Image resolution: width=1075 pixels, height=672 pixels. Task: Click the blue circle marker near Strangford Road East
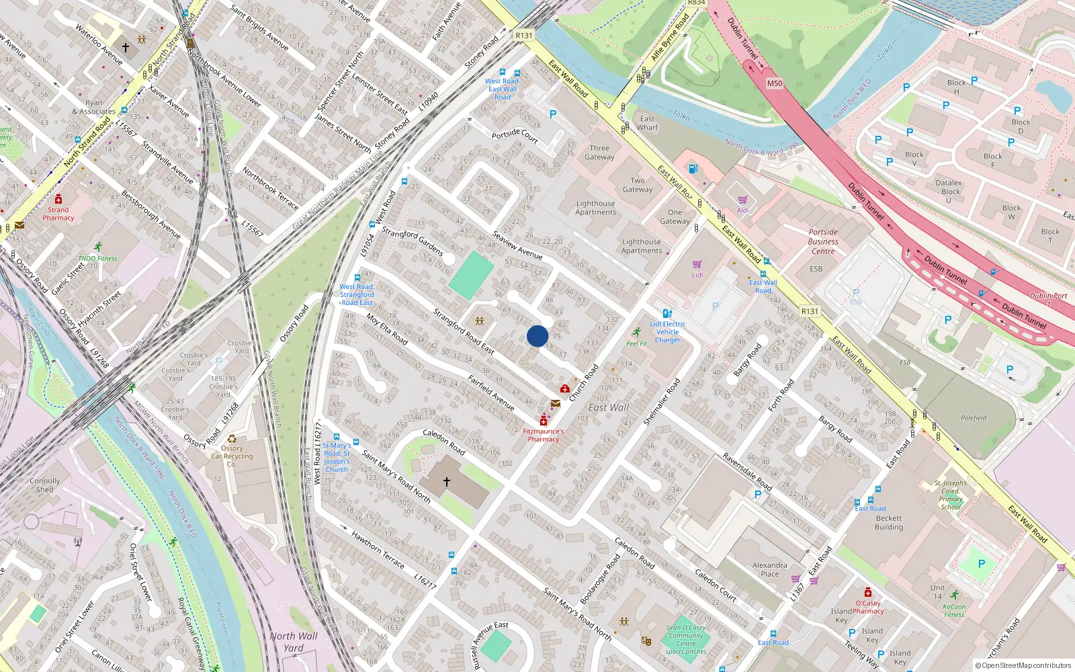[537, 336]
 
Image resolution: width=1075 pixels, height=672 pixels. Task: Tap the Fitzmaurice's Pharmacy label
[543, 435]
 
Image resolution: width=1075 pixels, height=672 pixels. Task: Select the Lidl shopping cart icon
[697, 265]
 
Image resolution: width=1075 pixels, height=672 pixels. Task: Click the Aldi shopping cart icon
[742, 200]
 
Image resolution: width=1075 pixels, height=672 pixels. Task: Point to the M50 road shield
[775, 83]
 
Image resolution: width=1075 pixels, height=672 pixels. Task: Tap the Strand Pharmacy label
[58, 214]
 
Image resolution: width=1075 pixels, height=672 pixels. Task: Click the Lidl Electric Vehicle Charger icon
[666, 313]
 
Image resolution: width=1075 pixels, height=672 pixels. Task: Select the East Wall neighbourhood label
[608, 407]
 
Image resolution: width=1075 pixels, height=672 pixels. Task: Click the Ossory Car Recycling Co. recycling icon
[232, 438]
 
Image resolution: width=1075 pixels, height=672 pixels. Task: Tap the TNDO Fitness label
[97, 258]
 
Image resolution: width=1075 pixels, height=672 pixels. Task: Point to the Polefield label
[973, 418]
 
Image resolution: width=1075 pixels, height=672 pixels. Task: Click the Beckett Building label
[888, 523]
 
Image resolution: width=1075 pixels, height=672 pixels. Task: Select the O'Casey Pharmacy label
[868, 607]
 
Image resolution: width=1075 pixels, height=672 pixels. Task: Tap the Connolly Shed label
[45, 485]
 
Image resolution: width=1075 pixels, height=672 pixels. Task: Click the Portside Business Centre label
[823, 241]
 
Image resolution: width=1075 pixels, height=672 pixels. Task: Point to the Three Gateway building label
[599, 153]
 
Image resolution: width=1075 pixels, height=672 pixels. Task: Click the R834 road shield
[697, 3]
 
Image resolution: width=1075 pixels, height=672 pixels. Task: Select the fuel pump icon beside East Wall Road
[693, 169]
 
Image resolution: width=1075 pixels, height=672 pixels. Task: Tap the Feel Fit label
[636, 343]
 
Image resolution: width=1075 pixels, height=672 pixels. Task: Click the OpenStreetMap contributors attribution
[1025, 666]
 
